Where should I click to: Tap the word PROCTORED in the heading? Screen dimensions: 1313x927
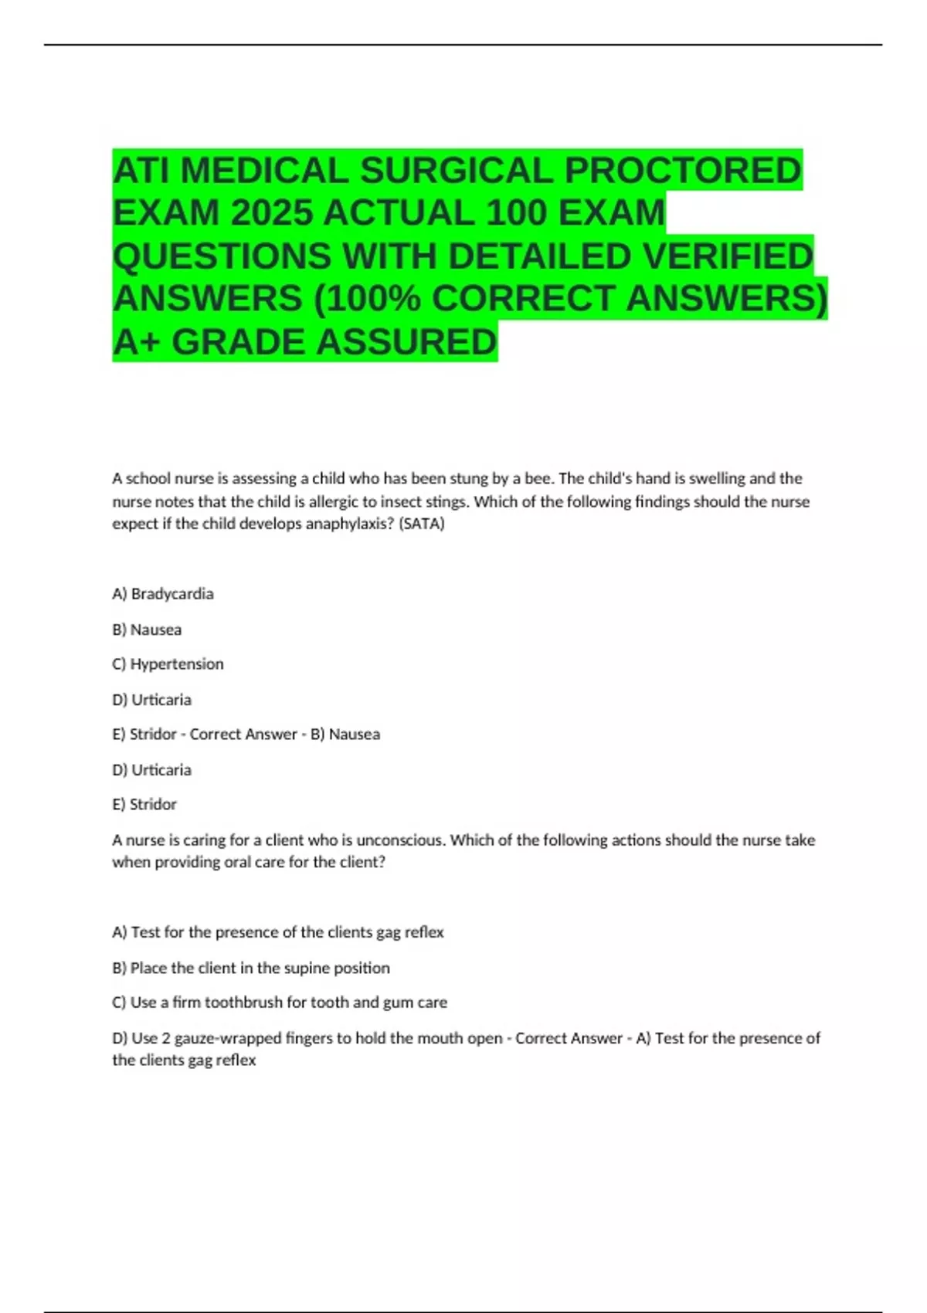[x=683, y=171]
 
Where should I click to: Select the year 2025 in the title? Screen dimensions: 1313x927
[x=271, y=213]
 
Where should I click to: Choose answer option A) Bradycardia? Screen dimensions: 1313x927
[x=163, y=594]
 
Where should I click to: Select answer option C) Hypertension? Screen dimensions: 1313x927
[x=168, y=664]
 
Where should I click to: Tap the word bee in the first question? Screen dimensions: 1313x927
[x=538, y=479]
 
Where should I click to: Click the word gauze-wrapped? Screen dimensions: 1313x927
[x=229, y=1039]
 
